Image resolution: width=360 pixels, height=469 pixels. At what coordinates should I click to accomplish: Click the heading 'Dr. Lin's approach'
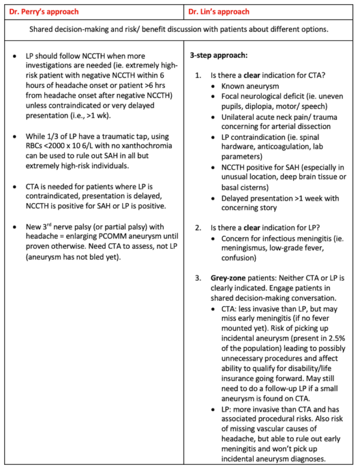click(219, 11)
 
